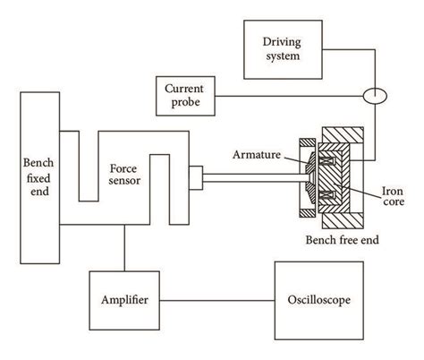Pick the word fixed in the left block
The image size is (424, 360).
point(40,176)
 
